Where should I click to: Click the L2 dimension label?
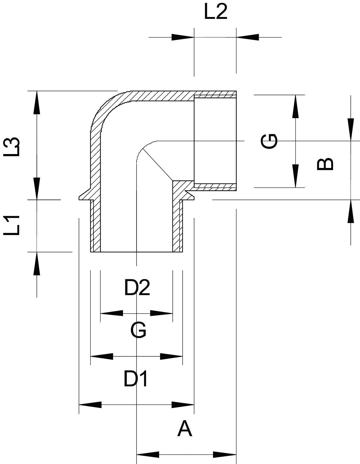[216, 13]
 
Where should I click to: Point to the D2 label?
[137, 288]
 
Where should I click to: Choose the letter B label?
[325, 164]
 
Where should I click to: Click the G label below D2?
[138, 330]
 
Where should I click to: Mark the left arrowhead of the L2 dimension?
[183, 37]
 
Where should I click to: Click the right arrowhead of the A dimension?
[225, 455]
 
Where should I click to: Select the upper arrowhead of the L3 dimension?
[37, 102]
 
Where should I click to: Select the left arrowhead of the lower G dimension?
[102, 356]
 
